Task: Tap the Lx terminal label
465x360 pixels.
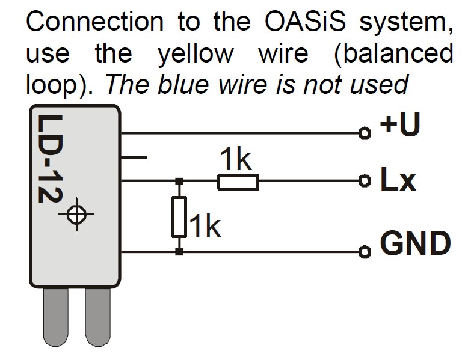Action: pos(398,181)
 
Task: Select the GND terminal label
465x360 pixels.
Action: pos(415,243)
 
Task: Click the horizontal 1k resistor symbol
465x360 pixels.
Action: pos(238,181)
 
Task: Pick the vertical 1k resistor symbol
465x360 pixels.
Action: pos(179,216)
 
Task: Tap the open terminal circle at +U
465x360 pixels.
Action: pos(363,133)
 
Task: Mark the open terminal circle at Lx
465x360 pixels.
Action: pos(363,180)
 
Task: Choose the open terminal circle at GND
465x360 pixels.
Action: pos(363,252)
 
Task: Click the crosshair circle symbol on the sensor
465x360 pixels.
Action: pos(76,214)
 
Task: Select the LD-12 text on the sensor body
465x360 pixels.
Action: pos(48,162)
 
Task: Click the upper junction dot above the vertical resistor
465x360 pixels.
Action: pos(179,180)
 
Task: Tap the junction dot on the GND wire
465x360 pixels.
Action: pos(179,252)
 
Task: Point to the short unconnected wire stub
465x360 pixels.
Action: pos(134,157)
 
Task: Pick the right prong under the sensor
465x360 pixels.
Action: pos(97,319)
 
